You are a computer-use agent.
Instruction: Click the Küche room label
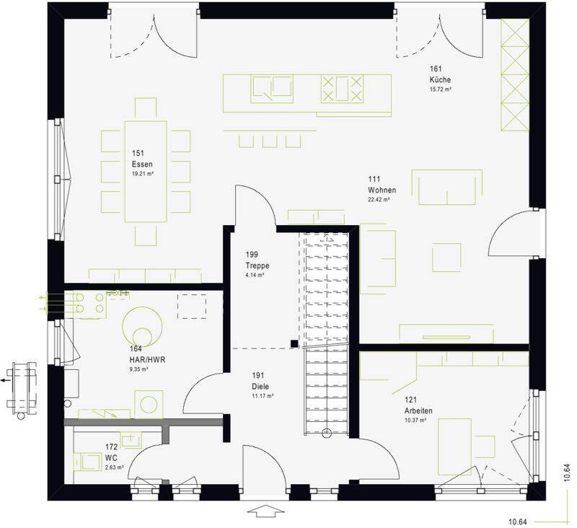click(440, 79)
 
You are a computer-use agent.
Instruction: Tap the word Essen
click(142, 164)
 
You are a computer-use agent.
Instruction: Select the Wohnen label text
click(382, 190)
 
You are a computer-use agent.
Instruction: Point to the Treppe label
click(257, 265)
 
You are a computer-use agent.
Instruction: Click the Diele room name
click(260, 387)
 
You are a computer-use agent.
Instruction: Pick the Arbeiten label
click(418, 410)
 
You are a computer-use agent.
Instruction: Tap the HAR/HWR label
click(148, 359)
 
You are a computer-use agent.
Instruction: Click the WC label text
click(111, 458)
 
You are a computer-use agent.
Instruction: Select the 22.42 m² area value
click(379, 200)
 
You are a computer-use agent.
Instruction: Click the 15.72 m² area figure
click(440, 89)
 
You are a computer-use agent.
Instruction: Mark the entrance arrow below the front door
click(266, 511)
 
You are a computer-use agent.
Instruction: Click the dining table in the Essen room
click(146, 172)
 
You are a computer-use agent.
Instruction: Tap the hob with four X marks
click(342, 89)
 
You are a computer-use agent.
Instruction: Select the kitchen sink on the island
click(273, 89)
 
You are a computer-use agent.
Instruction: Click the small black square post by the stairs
click(294, 343)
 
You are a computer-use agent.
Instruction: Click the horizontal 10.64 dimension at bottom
click(517, 522)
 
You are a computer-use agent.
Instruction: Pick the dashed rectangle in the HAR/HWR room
click(192, 306)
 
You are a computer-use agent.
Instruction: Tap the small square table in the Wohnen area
click(446, 258)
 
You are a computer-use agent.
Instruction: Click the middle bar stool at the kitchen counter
click(270, 141)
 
